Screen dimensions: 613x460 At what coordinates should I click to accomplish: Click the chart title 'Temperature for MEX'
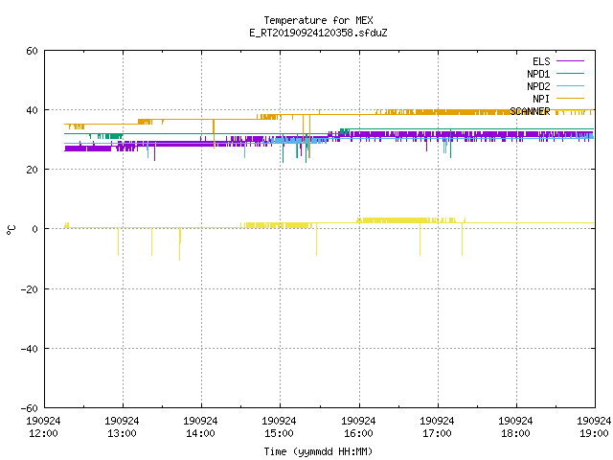pyautogui.click(x=318, y=20)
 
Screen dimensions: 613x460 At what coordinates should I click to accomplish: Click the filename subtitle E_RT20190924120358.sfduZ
pyautogui.click(x=318, y=33)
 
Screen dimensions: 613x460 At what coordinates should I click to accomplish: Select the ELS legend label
pyautogui.click(x=541, y=61)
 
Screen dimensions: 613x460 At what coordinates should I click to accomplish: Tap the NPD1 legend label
pyautogui.click(x=538, y=74)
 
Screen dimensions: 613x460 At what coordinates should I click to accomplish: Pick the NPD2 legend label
pyautogui.click(x=538, y=86)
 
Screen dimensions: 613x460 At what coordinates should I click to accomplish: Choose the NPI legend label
pyautogui.click(x=541, y=99)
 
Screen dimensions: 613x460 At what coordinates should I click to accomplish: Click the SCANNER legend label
pyautogui.click(x=530, y=111)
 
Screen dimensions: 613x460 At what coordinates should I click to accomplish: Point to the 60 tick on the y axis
pyautogui.click(x=32, y=51)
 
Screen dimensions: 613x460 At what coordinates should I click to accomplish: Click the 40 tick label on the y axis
pyautogui.click(x=32, y=110)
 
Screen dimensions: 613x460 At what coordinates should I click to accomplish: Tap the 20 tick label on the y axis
pyautogui.click(x=32, y=170)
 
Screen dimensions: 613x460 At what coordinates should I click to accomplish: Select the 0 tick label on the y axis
pyautogui.click(x=35, y=229)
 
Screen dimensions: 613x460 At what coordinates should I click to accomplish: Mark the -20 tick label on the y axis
pyautogui.click(x=30, y=289)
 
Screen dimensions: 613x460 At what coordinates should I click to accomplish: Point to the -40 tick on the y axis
pyautogui.click(x=30, y=349)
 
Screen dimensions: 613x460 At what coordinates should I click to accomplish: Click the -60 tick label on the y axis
pyautogui.click(x=30, y=408)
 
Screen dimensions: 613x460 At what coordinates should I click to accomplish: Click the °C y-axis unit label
pyautogui.click(x=11, y=230)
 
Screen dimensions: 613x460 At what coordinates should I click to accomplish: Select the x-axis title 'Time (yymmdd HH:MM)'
pyautogui.click(x=318, y=451)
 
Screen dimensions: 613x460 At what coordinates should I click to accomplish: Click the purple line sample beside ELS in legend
pyautogui.click(x=571, y=61)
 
